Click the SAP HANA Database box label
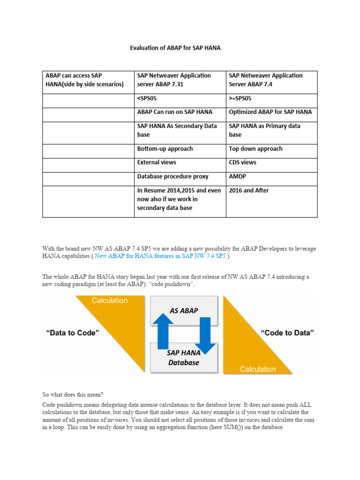point(184,358)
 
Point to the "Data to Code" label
point(73,333)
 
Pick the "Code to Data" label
point(287,333)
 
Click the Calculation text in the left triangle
point(110,300)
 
